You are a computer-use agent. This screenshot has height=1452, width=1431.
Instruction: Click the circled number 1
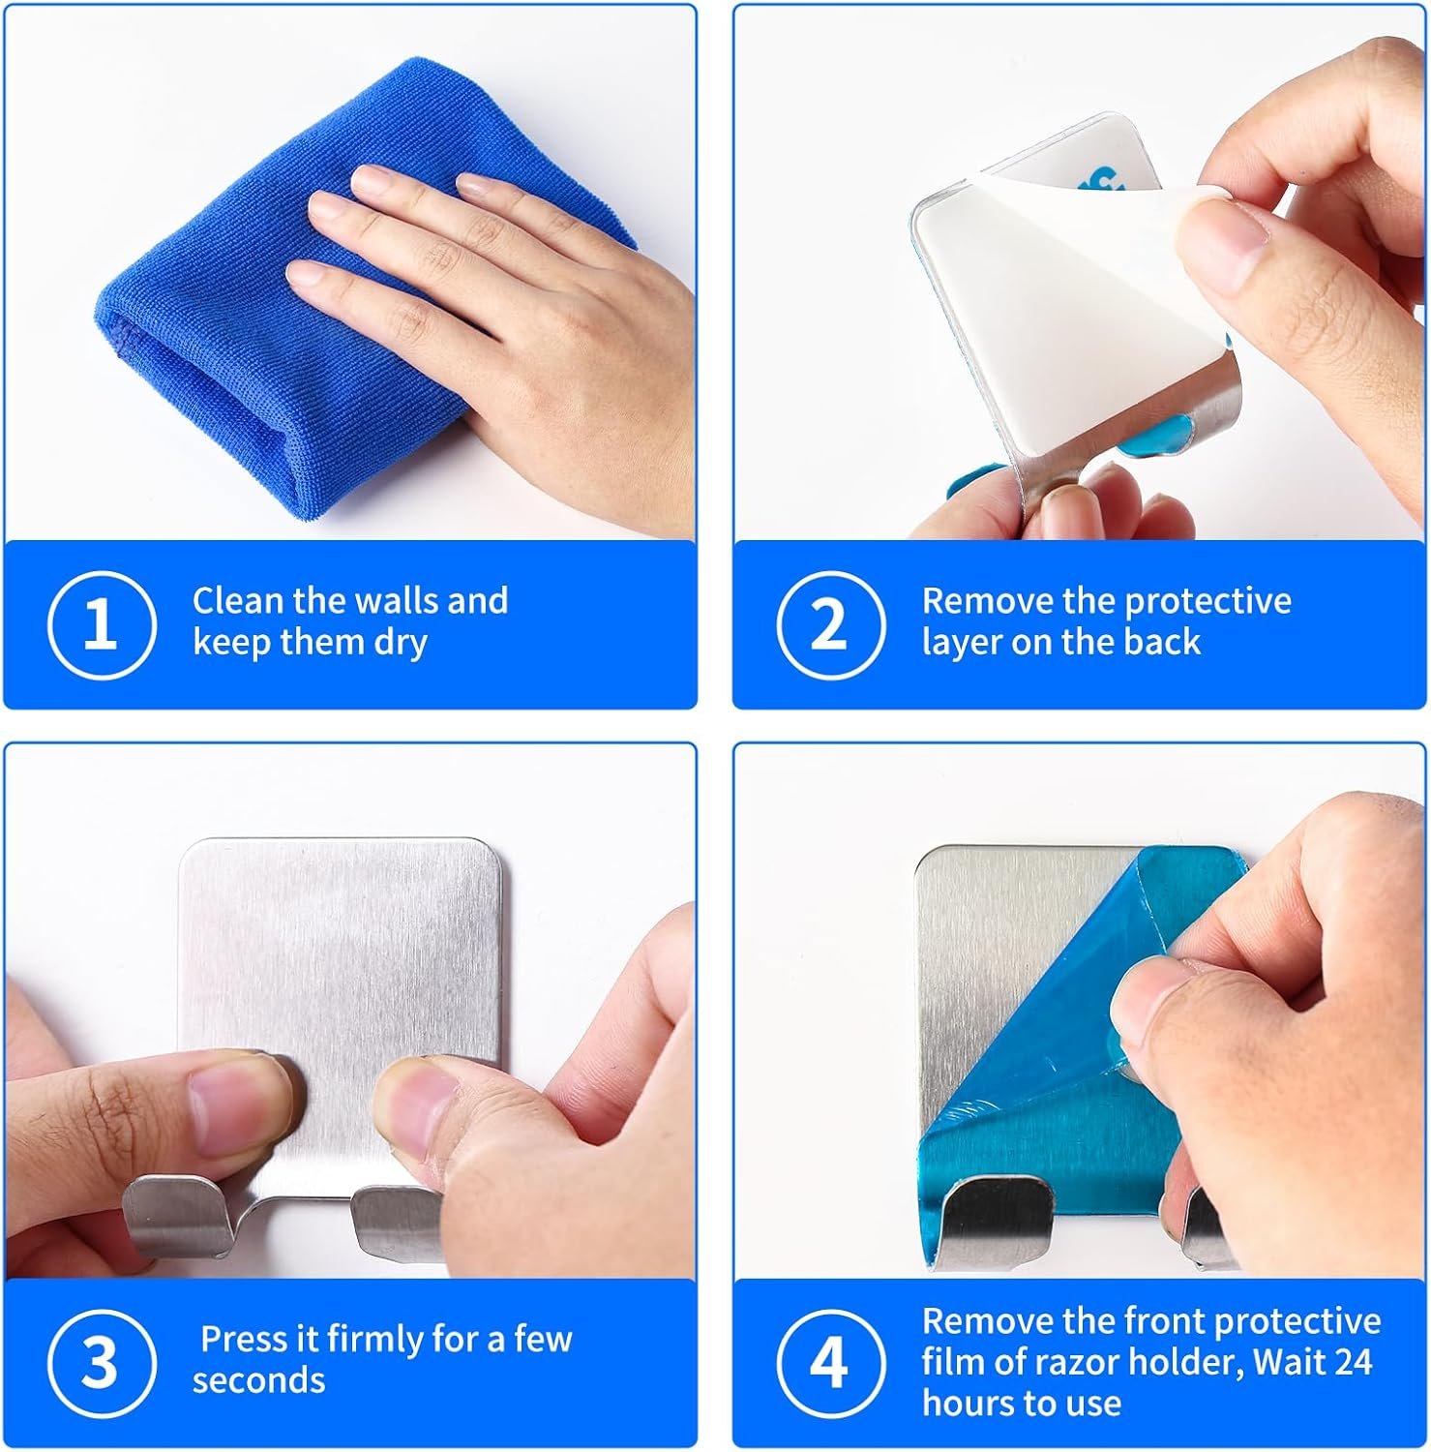pyautogui.click(x=102, y=624)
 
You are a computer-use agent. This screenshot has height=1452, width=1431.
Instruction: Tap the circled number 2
pyautogui.click(x=830, y=624)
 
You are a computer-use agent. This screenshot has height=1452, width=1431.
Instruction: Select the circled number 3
pyautogui.click(x=102, y=1363)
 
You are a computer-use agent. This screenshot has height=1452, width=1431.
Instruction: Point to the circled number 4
pyautogui.click(x=830, y=1363)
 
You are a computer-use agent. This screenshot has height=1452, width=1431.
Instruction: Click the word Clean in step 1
pyautogui.click(x=238, y=601)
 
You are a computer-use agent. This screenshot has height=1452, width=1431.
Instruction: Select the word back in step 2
pyautogui.click(x=1162, y=642)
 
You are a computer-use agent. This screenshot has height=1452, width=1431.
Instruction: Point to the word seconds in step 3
pyautogui.click(x=258, y=1380)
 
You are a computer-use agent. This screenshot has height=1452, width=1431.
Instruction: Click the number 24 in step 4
pyautogui.click(x=1352, y=1363)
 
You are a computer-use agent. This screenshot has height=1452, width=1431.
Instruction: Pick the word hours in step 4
pyautogui.click(x=968, y=1404)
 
